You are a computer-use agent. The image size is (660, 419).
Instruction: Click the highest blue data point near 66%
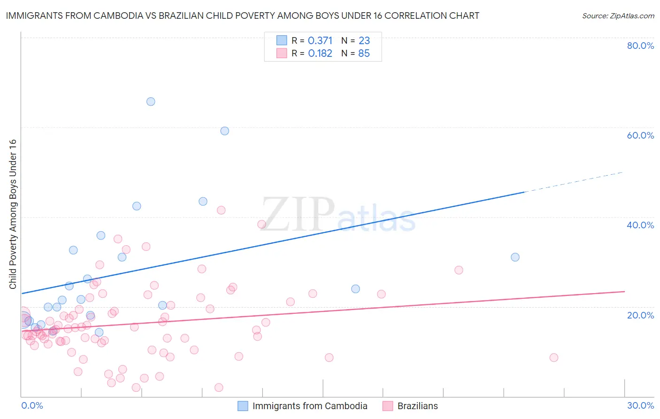point(151,101)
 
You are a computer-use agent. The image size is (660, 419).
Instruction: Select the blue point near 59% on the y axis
point(225,131)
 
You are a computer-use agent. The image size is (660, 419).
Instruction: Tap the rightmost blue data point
point(515,257)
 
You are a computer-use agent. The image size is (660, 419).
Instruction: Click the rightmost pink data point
point(554,357)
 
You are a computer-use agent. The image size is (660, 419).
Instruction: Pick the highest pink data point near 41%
point(221,210)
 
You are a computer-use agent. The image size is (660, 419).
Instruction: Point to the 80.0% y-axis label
point(640,46)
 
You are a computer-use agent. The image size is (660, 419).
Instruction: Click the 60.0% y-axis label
point(640,135)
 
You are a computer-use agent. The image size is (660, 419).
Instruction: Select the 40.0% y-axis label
point(640,225)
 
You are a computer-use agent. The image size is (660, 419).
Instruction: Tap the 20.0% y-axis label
point(640,315)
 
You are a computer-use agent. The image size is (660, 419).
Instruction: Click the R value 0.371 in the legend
point(320,41)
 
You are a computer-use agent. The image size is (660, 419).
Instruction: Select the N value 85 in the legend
point(364,54)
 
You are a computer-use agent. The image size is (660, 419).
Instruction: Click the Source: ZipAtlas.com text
point(618,16)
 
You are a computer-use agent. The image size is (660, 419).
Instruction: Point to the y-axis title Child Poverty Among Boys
point(13,214)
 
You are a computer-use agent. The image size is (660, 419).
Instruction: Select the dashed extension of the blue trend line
point(573,182)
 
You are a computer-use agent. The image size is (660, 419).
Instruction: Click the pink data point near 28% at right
point(459,270)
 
